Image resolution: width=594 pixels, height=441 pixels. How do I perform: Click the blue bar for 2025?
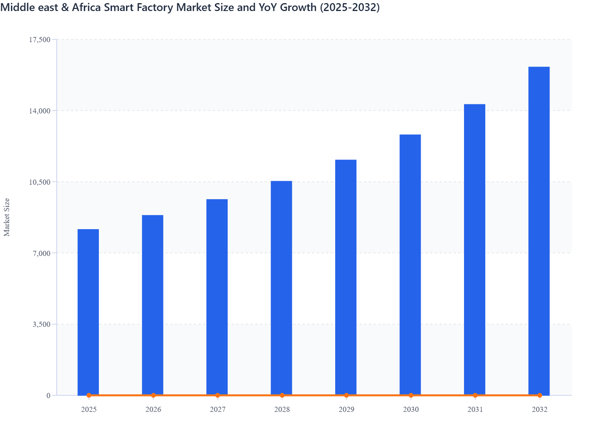pos(88,312)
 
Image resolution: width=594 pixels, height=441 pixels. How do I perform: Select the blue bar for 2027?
pos(217,297)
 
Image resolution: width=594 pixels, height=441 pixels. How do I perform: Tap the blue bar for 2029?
pos(346,277)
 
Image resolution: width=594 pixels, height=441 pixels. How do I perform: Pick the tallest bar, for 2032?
pos(539,231)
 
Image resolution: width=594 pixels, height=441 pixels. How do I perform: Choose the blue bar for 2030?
pos(410,265)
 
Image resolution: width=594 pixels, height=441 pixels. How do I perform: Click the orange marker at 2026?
pos(153,395)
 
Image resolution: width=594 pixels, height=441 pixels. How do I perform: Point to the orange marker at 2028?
pos(282,395)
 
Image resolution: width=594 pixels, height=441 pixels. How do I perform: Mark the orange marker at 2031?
pos(475,395)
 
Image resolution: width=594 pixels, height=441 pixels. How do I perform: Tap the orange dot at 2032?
pos(540,395)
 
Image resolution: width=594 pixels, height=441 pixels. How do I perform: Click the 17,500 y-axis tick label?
pos(39,39)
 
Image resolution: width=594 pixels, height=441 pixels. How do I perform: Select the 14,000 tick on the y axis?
pos(39,111)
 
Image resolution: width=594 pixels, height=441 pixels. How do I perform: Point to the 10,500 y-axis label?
pos(39,182)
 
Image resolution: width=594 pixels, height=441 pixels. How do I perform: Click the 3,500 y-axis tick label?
pos(41,324)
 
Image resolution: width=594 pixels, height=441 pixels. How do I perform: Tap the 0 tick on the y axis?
pos(48,395)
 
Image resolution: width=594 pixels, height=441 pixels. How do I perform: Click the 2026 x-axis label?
pos(153,409)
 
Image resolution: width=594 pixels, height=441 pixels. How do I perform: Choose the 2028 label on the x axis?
pos(282,409)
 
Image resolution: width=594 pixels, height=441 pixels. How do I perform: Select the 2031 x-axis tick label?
pos(475,409)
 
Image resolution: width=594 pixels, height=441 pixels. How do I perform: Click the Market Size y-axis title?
pos(7,217)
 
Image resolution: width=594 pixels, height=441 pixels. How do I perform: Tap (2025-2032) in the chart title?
pos(349,7)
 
